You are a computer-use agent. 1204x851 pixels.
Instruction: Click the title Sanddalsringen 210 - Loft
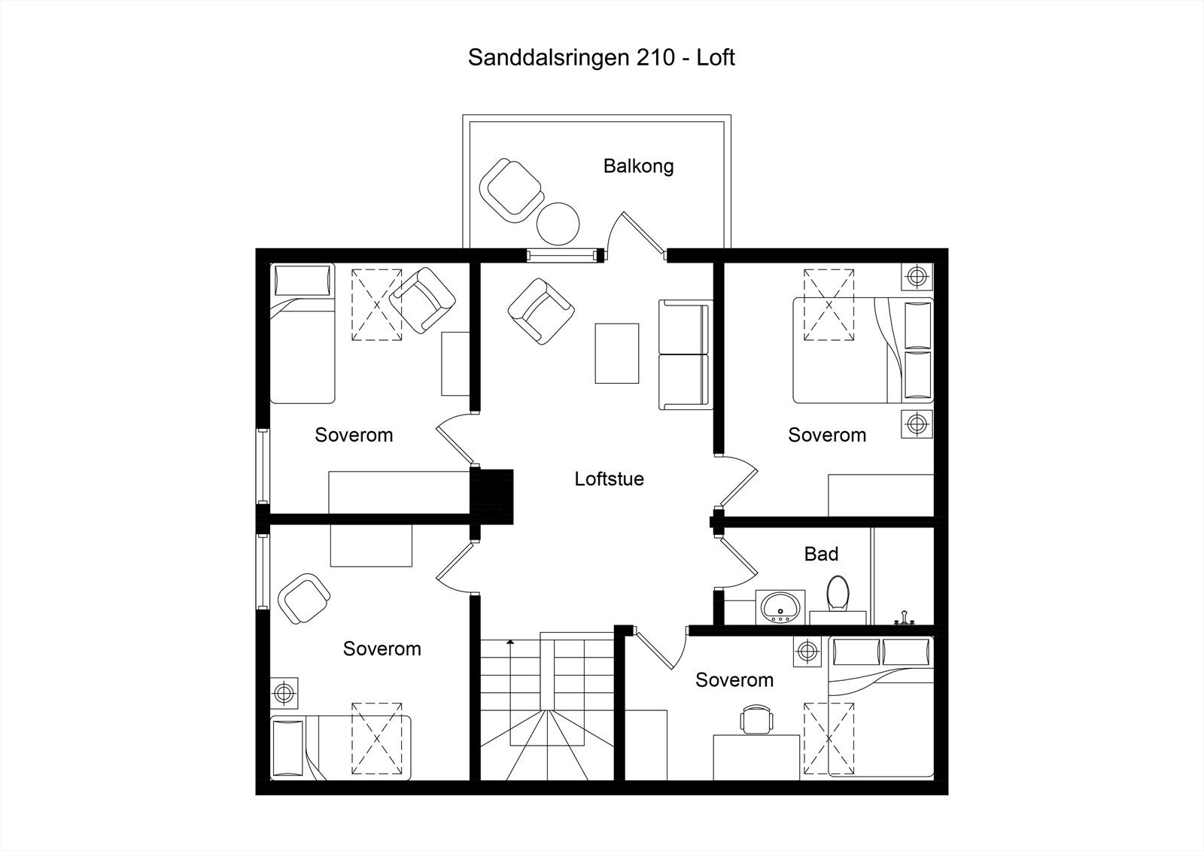pos(601,57)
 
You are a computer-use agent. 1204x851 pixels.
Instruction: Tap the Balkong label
pos(638,166)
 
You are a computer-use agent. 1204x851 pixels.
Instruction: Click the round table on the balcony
pos(558,223)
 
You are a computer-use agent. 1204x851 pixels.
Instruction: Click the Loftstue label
pos(609,479)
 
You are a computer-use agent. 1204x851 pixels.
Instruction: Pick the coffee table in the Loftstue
pos(617,353)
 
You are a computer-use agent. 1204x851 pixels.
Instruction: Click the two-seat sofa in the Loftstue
pos(684,354)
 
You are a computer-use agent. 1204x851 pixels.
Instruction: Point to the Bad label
pos(821,554)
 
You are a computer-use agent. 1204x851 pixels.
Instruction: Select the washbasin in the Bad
pos(780,606)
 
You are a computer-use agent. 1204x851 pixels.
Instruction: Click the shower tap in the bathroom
pos(904,619)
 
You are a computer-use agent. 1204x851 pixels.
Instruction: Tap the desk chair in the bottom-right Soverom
pos(756,719)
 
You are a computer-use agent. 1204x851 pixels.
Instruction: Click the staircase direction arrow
pos(510,642)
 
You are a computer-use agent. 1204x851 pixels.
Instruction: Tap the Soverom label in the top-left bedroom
pos(354,435)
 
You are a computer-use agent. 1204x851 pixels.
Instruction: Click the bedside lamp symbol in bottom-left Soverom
pos(284,691)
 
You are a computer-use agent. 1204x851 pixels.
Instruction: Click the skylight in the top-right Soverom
pos(829,305)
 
